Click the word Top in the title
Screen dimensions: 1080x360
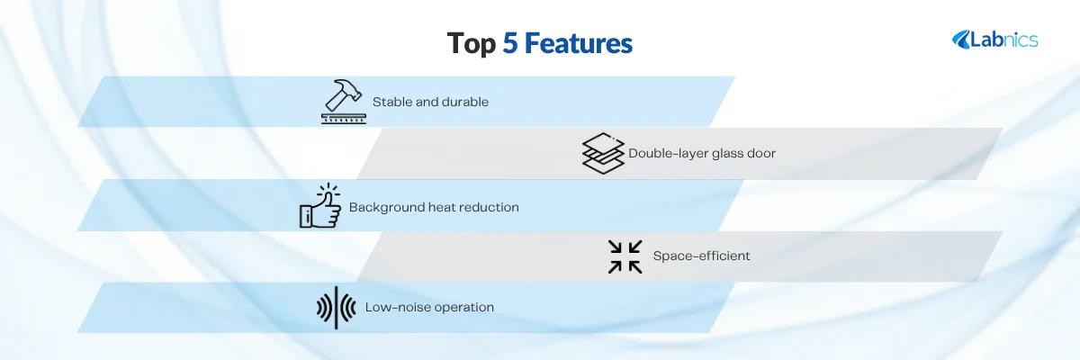click(x=471, y=44)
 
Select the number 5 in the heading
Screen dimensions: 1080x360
click(x=510, y=43)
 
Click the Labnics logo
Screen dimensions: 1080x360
click(x=994, y=40)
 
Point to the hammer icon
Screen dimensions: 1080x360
click(x=344, y=101)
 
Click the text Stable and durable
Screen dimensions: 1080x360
click(x=430, y=102)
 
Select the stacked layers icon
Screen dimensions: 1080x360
click(x=603, y=153)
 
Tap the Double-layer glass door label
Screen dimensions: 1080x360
click(x=702, y=153)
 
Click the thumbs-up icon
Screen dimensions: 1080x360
click(x=320, y=206)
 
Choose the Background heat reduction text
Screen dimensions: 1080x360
click(x=434, y=207)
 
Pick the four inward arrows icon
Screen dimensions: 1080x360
click(x=625, y=256)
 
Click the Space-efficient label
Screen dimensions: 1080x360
click(x=701, y=256)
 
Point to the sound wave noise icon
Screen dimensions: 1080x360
click(x=336, y=308)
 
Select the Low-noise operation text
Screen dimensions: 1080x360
click(x=429, y=307)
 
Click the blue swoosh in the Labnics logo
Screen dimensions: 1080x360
click(x=960, y=40)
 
